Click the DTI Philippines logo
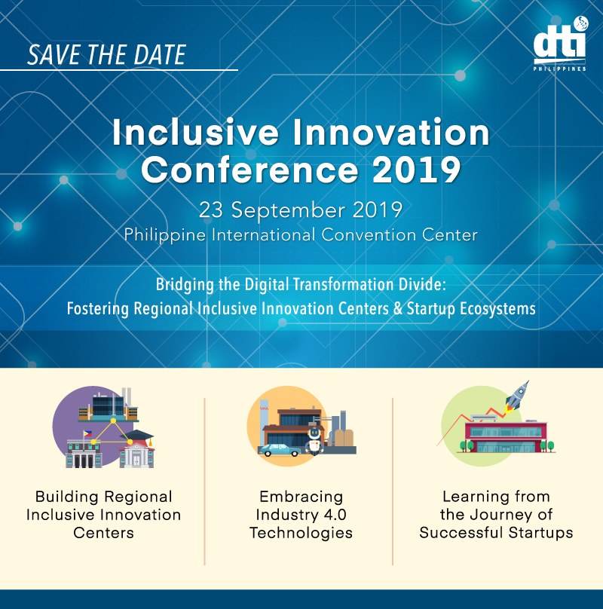[x=560, y=44]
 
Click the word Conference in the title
[x=249, y=170]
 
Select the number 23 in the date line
[x=211, y=210]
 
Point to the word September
[x=288, y=211]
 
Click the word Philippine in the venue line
[x=165, y=236]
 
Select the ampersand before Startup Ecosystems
[x=397, y=308]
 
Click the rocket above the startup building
[x=518, y=396]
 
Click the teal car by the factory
[x=280, y=450]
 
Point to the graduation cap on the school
[x=137, y=436]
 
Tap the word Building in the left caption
[x=66, y=497]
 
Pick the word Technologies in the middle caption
[x=301, y=534]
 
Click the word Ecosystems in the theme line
[x=497, y=309]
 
